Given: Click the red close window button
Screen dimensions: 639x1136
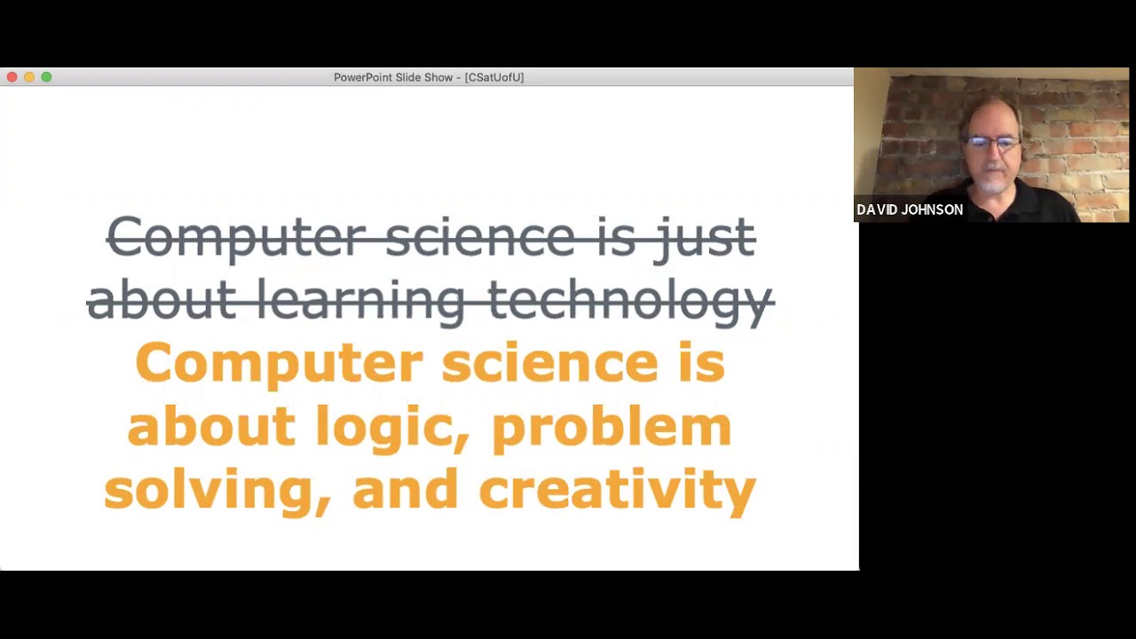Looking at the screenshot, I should pyautogui.click(x=12, y=77).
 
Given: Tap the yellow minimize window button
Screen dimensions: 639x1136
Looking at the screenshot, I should pyautogui.click(x=29, y=77).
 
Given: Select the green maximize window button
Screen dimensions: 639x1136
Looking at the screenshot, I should pyautogui.click(x=46, y=77).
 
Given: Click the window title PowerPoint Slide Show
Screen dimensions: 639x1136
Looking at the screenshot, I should pyautogui.click(x=393, y=77).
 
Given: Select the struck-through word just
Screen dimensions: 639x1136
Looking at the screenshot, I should pyautogui.click(x=705, y=238).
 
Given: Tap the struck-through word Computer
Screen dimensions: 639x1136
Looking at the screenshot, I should pyautogui.click(x=236, y=238).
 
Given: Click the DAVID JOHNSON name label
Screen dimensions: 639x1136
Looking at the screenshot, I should pyautogui.click(x=910, y=210).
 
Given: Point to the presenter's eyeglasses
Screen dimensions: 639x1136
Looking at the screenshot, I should pyautogui.click(x=993, y=143).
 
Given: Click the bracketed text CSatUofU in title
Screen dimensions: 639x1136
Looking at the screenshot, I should pyautogui.click(x=494, y=77).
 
